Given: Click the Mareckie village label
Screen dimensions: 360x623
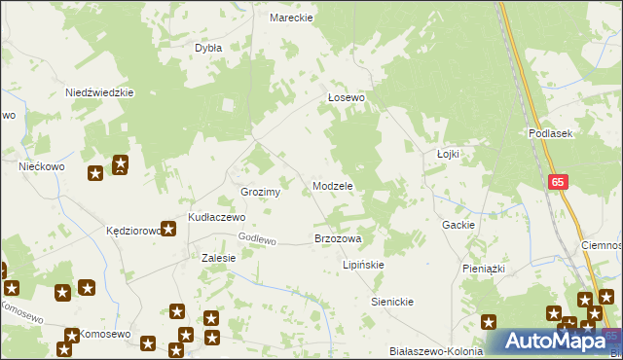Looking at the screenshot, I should [290, 18].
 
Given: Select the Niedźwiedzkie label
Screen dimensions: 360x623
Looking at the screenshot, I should [98, 92].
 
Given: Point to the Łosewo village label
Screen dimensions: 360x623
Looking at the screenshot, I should [346, 98].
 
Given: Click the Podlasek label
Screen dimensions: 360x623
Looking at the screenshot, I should [550, 133].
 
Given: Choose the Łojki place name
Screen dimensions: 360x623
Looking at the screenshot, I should [448, 154].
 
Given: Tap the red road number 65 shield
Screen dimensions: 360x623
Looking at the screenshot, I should [557, 182].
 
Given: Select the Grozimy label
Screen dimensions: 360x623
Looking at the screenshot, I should [261, 192].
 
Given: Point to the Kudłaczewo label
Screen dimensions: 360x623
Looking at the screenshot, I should [216, 217].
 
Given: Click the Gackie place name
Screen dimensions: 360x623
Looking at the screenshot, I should [458, 225].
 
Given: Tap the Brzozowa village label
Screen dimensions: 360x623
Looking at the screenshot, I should [338, 238].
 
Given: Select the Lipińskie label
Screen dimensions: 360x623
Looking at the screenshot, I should [364, 265].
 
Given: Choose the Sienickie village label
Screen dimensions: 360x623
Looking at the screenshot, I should [392, 302].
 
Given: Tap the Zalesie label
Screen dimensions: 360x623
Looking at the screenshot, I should [218, 258].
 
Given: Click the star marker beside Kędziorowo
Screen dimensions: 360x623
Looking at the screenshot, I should [168, 230].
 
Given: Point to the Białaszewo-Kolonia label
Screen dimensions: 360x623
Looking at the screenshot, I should [435, 351].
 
